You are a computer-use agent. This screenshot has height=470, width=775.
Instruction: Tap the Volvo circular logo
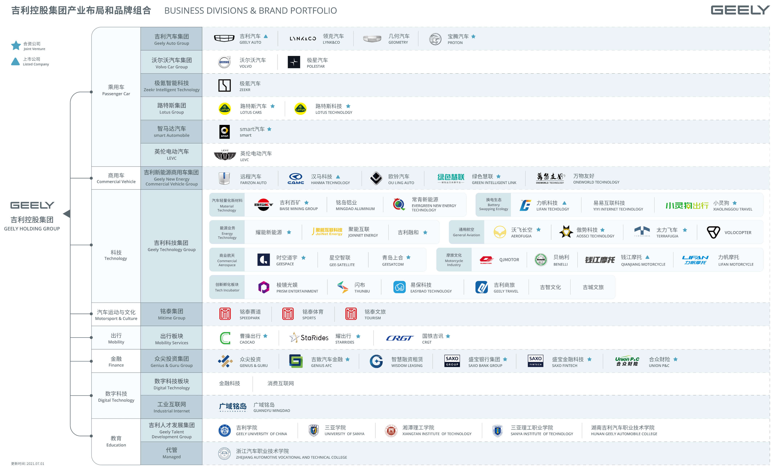tap(224, 62)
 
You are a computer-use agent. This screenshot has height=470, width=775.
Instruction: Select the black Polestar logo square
tap(294, 62)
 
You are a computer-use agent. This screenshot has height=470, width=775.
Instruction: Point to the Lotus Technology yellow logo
tap(300, 109)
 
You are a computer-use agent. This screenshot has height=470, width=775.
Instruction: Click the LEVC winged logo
tap(225, 155)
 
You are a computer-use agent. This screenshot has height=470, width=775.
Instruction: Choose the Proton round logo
tap(435, 39)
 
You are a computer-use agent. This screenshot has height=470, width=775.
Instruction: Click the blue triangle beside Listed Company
tap(15, 61)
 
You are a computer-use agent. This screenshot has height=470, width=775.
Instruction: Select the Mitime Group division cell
tap(171, 314)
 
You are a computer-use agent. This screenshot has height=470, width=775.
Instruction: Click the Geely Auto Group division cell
tap(171, 39)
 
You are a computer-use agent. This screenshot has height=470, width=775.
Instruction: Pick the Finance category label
tap(116, 361)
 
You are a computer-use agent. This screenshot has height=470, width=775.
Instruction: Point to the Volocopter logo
tap(713, 232)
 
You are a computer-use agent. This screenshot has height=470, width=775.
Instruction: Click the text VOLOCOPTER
tap(738, 233)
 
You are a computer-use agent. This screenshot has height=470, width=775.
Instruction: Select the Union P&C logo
tap(627, 361)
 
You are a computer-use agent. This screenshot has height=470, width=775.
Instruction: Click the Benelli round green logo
tap(541, 260)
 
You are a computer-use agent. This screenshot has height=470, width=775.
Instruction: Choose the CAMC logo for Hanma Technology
tap(296, 179)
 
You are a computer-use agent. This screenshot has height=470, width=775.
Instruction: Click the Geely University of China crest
tap(225, 430)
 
